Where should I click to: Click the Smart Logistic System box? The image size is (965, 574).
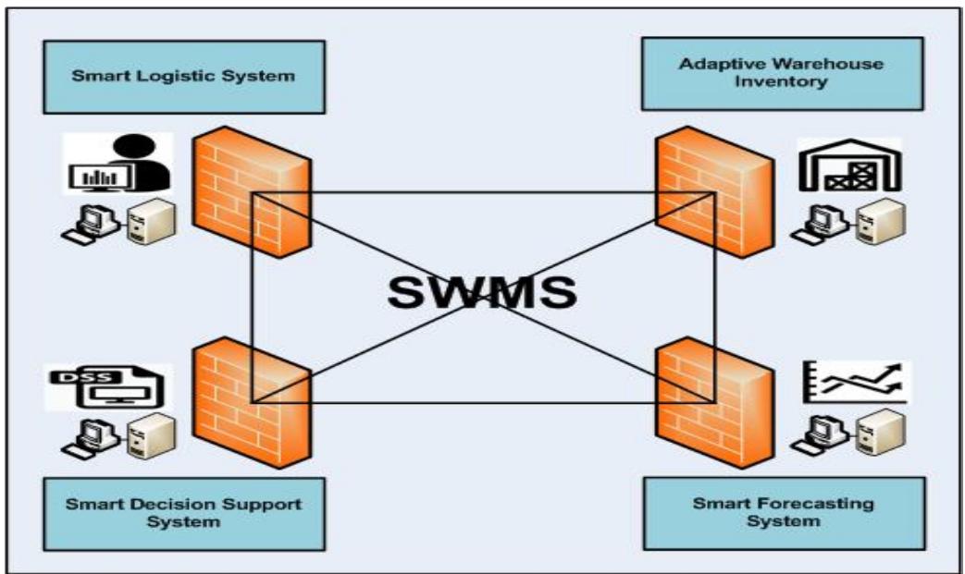[182, 76]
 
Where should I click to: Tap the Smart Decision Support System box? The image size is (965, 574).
[182, 513]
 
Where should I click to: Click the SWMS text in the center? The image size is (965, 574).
[482, 291]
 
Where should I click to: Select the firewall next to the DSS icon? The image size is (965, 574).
[252, 397]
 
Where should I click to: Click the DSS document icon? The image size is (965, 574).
[109, 389]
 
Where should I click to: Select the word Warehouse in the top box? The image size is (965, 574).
[830, 64]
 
